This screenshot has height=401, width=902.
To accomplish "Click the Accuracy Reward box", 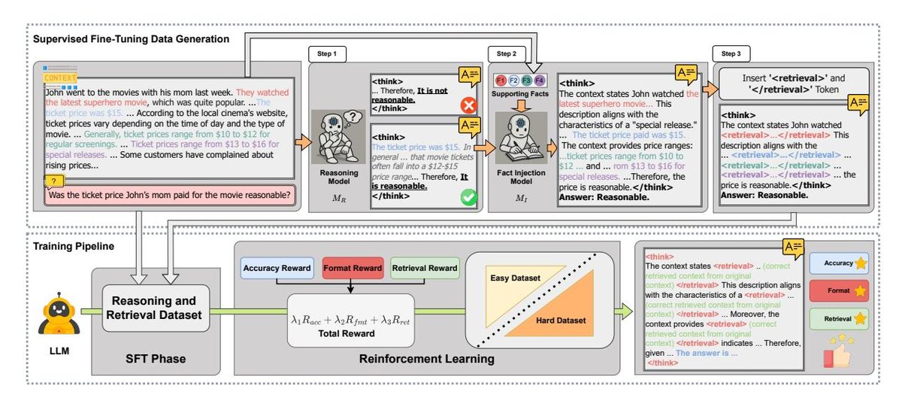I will (277, 267).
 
